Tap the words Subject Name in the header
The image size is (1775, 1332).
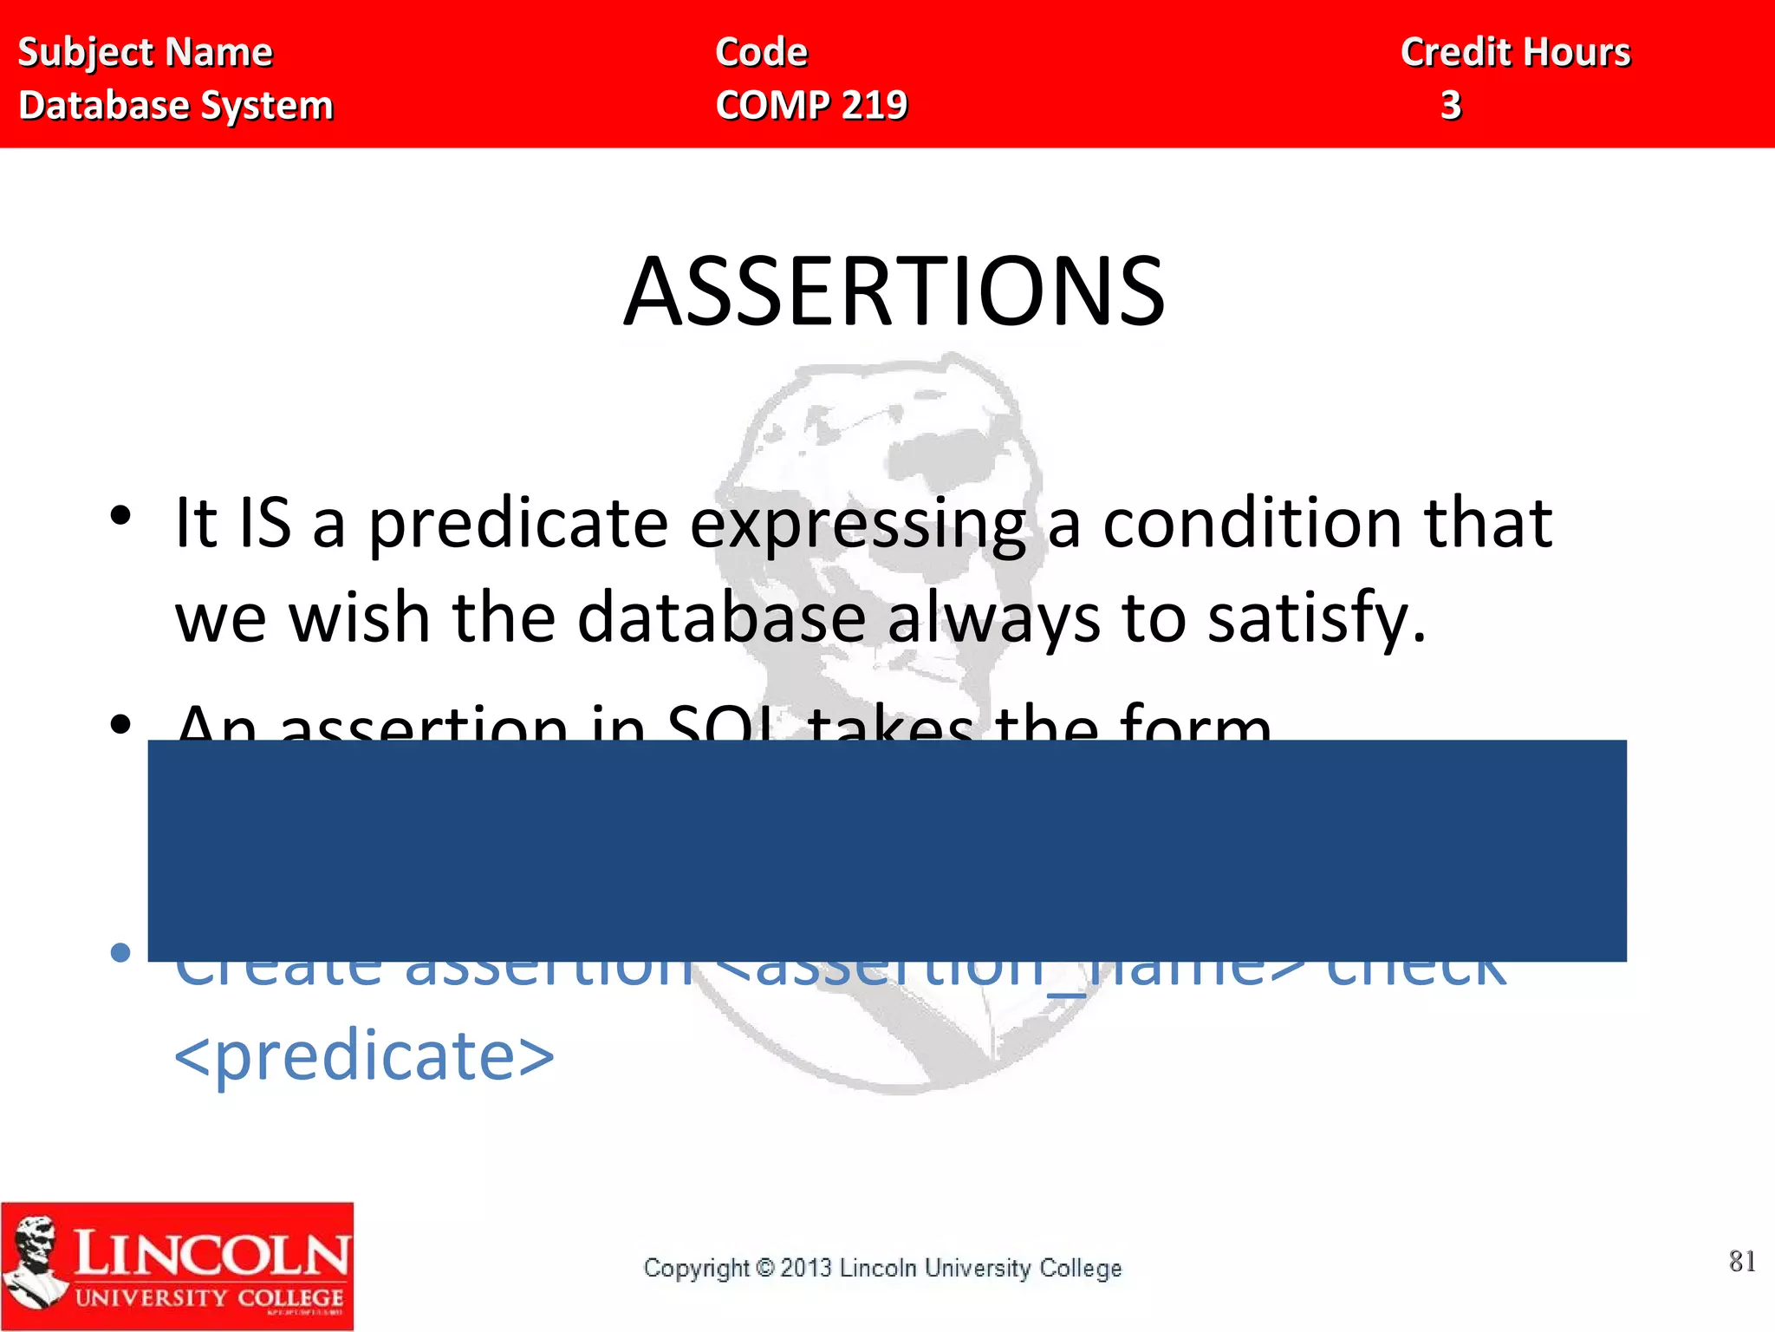tap(145, 52)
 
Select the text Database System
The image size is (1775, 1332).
tap(176, 105)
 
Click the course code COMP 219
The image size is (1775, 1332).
tap(811, 105)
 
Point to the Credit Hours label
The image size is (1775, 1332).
tap(1515, 52)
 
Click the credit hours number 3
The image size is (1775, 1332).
tap(1451, 105)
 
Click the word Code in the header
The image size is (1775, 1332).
tap(761, 52)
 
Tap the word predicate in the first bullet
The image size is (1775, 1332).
tap(517, 524)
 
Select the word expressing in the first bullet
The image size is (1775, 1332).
tap(858, 524)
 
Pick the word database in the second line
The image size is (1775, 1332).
tap(721, 617)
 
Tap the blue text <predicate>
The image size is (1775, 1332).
tap(364, 1056)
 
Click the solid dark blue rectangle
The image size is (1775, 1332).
tap(886, 850)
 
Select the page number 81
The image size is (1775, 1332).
tap(1741, 1261)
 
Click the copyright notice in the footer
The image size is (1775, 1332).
tap(882, 1268)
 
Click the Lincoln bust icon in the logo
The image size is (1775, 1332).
tap(35, 1262)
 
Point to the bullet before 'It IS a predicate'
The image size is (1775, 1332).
tap(120, 515)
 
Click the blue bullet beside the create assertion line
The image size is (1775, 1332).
tap(120, 952)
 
